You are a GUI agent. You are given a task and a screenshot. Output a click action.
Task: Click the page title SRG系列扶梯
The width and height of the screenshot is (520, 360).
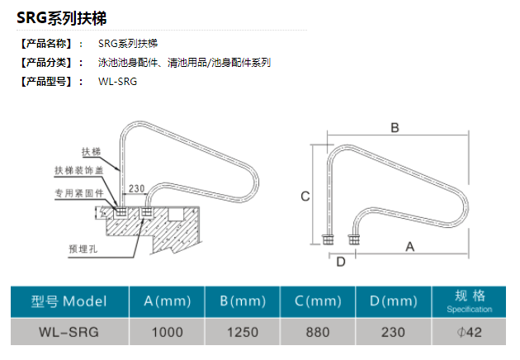62,17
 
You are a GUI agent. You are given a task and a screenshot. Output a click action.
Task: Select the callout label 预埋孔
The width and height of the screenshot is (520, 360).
83,247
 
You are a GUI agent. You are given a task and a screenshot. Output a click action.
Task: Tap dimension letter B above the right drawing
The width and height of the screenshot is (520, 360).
395,128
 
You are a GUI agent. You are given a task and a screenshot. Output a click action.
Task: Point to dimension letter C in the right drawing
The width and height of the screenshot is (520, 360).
305,197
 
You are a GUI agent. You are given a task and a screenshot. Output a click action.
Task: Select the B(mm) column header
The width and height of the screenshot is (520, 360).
242,301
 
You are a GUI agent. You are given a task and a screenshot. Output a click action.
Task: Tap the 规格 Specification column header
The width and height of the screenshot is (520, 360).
469,301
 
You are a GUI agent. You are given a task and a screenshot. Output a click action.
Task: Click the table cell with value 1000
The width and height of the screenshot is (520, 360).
168,332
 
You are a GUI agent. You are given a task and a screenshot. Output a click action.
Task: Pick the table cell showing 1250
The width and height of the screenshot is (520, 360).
242,332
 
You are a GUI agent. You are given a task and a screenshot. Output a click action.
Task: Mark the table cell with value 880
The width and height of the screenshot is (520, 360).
318,332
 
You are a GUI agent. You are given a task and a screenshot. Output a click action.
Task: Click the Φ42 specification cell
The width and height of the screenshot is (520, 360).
469,332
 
